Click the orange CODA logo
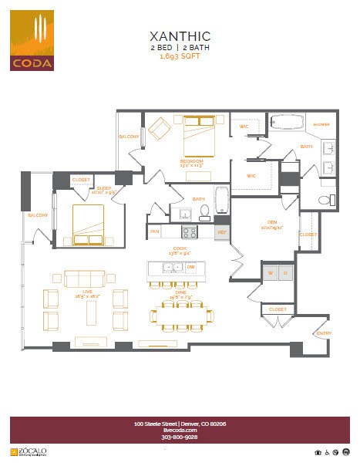coord(32,40)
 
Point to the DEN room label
coord(272,225)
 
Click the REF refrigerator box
coord(222,231)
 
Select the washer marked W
coord(271,273)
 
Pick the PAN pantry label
coord(155,231)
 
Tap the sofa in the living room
coord(84,279)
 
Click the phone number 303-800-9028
coord(180,437)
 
